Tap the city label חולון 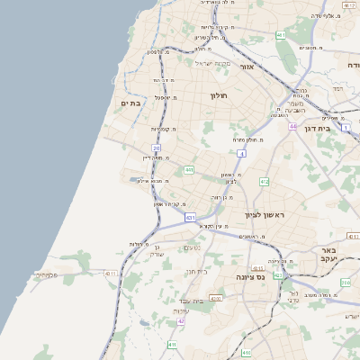click(219, 95)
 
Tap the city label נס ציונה click(249, 278)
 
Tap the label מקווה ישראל click(213, 63)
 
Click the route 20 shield click(157, 148)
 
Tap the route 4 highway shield click(242, 154)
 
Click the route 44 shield click(292, 127)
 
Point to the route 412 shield click(264, 182)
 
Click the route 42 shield click(181, 321)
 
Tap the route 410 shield click(172, 344)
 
